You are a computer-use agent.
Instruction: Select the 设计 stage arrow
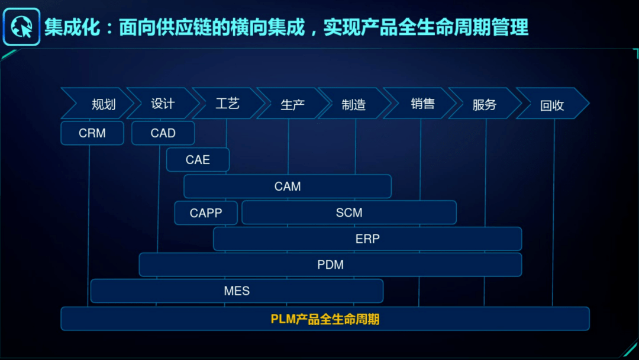click(163, 104)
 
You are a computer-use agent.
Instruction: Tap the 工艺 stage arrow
click(227, 104)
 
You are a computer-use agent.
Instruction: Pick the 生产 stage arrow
click(292, 104)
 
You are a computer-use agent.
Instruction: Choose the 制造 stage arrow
click(354, 104)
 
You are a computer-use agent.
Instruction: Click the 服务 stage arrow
click(484, 104)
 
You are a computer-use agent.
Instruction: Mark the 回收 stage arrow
click(552, 105)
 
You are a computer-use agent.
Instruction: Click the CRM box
click(92, 133)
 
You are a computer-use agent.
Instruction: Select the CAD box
click(163, 133)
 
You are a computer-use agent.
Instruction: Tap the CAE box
click(198, 160)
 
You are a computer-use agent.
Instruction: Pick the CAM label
click(288, 187)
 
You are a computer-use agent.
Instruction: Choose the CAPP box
click(206, 213)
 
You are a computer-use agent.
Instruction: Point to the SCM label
click(349, 213)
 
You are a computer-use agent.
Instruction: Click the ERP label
click(367, 239)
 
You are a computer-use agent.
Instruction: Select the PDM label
click(330, 265)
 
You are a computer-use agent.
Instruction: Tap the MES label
click(237, 291)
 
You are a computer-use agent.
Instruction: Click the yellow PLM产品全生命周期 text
click(325, 319)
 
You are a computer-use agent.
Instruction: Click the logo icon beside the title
click(21, 27)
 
